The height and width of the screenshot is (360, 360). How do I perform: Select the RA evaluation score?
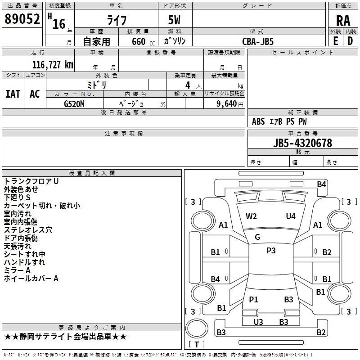coord(343,20)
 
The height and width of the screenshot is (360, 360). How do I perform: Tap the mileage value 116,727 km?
coord(53,64)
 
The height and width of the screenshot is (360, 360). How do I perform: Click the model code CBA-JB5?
coord(258,41)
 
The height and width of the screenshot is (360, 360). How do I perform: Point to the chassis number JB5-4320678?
coord(302,143)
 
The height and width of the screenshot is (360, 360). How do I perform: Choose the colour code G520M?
coord(74,103)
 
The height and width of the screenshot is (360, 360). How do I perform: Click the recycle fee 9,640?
coord(227,103)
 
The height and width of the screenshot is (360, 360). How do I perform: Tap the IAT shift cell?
coord(13,94)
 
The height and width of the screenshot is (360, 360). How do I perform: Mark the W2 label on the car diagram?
coord(251,216)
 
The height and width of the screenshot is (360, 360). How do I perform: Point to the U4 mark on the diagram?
coord(291,216)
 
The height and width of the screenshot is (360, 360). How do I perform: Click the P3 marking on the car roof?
coord(271,251)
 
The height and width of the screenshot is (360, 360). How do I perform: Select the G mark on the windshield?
coord(257,237)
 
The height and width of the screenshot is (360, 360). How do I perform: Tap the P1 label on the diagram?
coord(253,299)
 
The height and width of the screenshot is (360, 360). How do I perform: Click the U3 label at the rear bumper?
coord(258,322)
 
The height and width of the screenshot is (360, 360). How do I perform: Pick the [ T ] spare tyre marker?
coord(197,344)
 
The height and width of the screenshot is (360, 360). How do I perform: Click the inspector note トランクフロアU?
coord(31,181)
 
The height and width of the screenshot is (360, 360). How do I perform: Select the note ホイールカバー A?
coord(31,279)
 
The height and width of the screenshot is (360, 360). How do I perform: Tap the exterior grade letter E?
coord(335,41)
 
